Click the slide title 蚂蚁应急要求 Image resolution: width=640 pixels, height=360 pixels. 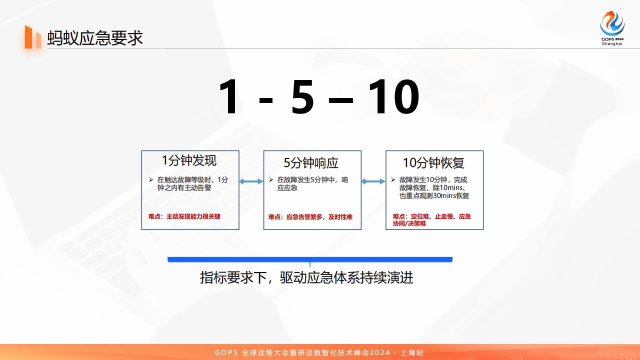coord(95,38)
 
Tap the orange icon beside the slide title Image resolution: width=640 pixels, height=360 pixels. coord(33,37)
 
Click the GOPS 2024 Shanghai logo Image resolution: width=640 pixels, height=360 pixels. coord(612,28)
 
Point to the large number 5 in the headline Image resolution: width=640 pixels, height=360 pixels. coord(302,97)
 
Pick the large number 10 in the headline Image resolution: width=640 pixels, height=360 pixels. coord(393,97)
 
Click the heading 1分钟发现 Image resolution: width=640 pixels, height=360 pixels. coord(189,160)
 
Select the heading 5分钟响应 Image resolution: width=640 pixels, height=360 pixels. coord(311,163)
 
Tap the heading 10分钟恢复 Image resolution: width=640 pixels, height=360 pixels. coord(433,163)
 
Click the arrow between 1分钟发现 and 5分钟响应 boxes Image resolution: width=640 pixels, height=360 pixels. coord(251,181)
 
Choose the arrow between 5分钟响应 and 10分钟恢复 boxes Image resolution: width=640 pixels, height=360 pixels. coord(373,181)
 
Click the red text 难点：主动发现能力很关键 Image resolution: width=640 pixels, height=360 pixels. coord(184,216)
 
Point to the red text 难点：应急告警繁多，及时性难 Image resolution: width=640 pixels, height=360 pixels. coord(310,217)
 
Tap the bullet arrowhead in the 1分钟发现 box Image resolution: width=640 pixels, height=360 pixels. coord(151,179)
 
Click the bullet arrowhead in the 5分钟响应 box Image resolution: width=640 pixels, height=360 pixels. coord(271,179)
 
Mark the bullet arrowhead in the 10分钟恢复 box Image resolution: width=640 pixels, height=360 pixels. coord(393,179)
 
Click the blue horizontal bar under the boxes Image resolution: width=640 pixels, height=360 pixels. coord(310,259)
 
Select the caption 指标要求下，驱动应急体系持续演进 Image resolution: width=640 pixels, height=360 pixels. coord(306,277)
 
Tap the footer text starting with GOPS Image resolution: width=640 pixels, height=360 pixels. coord(319,352)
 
